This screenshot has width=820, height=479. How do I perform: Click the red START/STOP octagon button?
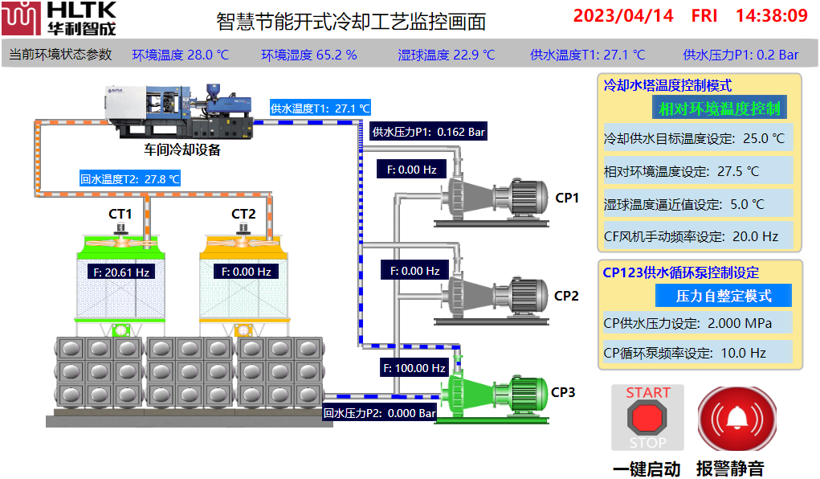click(647, 418)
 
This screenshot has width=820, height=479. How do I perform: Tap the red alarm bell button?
click(736, 418)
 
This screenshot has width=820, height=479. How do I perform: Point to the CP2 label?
click(566, 296)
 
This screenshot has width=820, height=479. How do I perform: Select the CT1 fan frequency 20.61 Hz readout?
click(121, 272)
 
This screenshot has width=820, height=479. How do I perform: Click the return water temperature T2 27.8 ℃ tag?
click(129, 179)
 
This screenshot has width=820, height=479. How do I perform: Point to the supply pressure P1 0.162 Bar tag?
click(428, 132)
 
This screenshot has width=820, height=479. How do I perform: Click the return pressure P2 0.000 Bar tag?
click(379, 413)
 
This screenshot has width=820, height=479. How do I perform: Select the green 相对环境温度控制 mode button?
click(720, 108)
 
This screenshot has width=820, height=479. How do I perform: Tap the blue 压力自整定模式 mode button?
click(724, 296)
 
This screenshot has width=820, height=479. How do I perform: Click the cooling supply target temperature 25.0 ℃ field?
click(698, 138)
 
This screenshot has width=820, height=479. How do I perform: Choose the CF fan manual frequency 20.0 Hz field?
click(698, 236)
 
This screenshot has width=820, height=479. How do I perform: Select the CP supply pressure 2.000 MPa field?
click(698, 323)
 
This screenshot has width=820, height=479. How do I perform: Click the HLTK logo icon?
click(21, 18)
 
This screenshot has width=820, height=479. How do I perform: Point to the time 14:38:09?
click(772, 16)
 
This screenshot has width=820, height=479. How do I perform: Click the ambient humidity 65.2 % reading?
click(309, 55)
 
